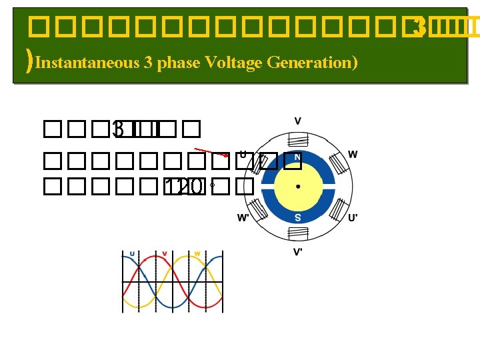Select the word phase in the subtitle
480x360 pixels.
click(179, 63)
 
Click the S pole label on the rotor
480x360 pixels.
click(297, 217)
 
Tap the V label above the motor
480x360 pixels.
click(297, 121)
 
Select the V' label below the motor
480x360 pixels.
click(298, 252)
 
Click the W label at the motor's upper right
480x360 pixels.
click(353, 155)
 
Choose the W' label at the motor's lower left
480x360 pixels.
click(244, 218)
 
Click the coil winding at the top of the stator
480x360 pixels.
click(297, 140)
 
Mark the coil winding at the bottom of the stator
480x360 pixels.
click(297, 233)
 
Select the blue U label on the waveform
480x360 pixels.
click(132, 254)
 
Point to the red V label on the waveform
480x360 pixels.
click(165, 254)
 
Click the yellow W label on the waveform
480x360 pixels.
click(197, 254)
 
